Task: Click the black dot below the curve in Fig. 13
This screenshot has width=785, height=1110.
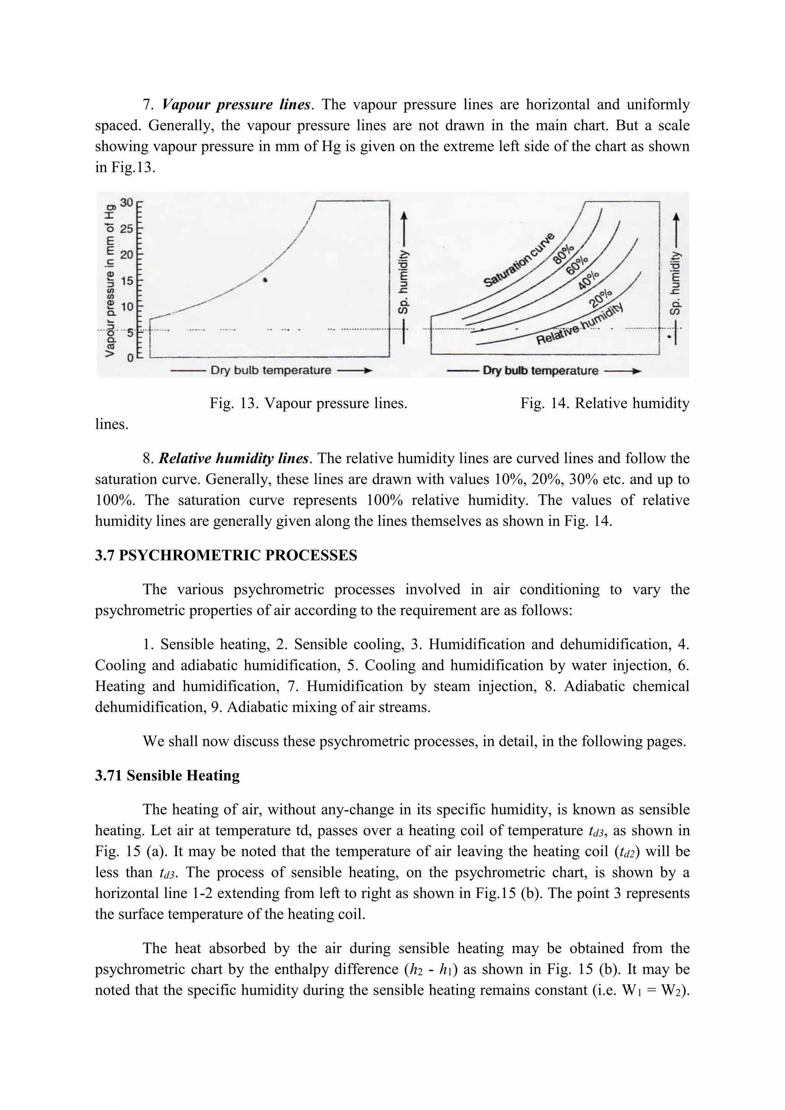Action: point(265,280)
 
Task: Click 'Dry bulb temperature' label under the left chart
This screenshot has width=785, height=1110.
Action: point(271,370)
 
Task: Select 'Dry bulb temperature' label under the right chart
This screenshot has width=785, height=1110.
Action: point(540,371)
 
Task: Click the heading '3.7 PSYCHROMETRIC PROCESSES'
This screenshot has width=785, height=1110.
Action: point(226,555)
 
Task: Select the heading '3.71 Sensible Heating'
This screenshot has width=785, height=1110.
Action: point(167,775)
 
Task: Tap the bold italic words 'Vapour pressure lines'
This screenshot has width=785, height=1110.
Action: point(236,104)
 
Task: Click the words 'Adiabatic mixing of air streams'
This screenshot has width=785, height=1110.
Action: point(328,707)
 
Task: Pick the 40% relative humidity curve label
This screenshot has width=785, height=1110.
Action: point(589,281)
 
